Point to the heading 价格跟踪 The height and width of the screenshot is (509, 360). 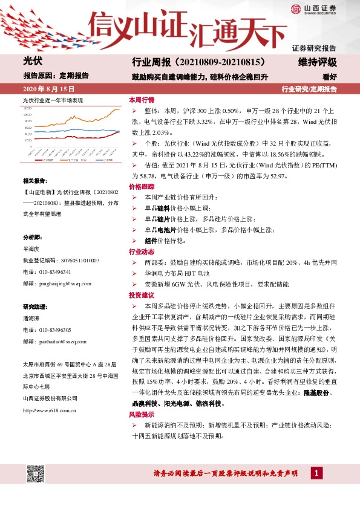(142, 188)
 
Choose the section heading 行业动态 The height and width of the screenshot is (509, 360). (142, 251)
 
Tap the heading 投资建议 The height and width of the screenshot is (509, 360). (142, 296)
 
